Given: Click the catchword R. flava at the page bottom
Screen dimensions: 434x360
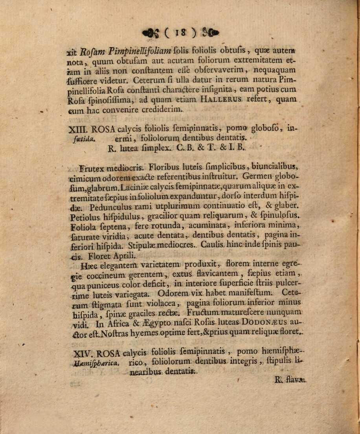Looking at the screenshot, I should (290, 380).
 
